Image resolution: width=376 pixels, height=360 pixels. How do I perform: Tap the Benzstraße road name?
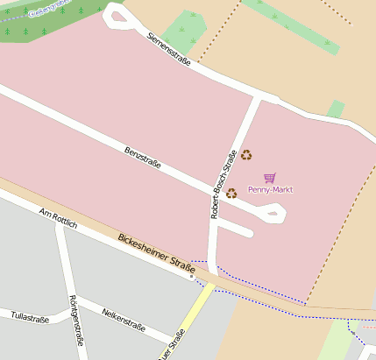pos(143,159)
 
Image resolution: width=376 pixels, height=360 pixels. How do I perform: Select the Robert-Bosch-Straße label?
pos(223,185)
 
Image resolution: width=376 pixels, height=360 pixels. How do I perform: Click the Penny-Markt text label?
pos(270,189)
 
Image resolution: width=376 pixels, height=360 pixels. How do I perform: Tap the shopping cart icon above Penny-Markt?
pos(269,178)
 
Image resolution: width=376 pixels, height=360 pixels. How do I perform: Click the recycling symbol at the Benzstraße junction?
pos(231,193)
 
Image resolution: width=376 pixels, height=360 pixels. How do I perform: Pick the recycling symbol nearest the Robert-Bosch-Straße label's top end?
pos(246,155)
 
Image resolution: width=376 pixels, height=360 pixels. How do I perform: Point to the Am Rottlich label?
pos(59,219)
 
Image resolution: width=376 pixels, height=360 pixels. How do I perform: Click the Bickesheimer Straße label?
pos(156,251)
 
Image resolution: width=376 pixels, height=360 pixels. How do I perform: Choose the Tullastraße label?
pos(29,316)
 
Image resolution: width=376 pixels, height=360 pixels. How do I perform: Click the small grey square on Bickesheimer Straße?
pos(192,281)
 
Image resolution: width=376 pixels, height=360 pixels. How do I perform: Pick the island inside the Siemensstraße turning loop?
pos(116,14)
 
